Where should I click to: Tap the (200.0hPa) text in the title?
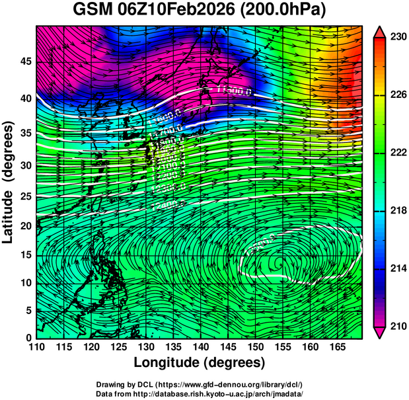pos(285,11)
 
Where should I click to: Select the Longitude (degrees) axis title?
pos(200,362)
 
